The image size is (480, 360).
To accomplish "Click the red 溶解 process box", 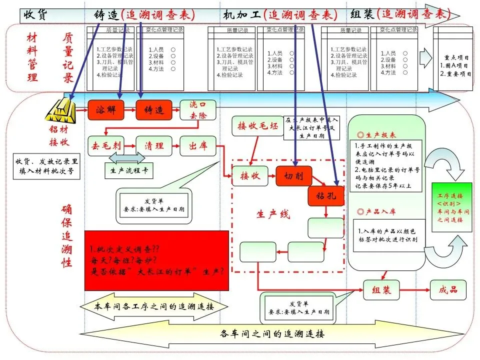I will [x=105, y=110].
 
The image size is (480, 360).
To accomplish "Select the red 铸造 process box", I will [x=154, y=110].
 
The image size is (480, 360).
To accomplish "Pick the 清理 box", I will [x=154, y=146].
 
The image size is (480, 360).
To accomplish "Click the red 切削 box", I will [x=293, y=176].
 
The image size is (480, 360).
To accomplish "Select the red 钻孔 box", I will [x=325, y=196].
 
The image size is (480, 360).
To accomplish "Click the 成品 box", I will [x=450, y=290].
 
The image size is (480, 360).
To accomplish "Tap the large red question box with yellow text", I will [x=156, y=260].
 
